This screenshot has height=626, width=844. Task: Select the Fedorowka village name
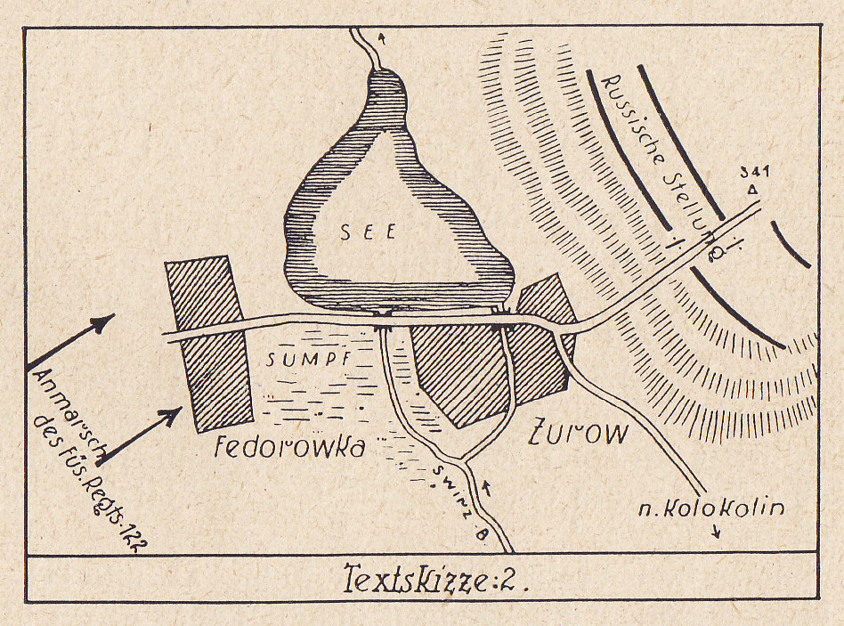click(290, 446)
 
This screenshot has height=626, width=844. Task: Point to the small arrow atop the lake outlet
click(384, 38)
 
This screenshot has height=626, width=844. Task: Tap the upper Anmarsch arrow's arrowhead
click(107, 321)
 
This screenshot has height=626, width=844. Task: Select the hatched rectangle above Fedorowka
click(209, 342)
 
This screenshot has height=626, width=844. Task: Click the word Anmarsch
click(73, 414)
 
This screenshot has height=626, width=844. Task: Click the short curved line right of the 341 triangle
click(791, 244)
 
